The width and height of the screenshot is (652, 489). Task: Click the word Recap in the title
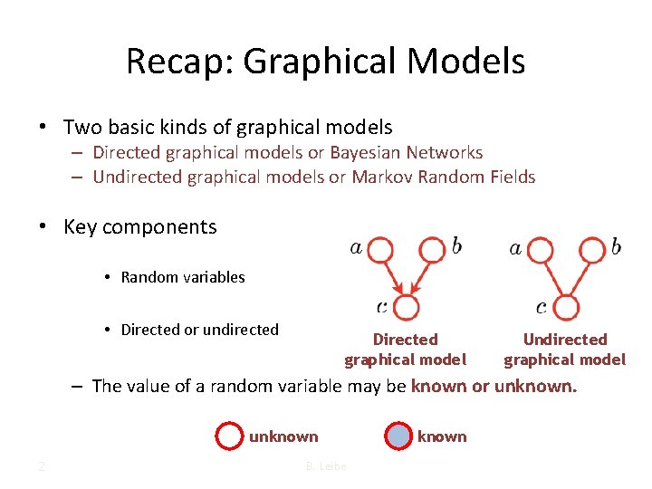[x=179, y=62]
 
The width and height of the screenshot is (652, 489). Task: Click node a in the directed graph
[x=380, y=250]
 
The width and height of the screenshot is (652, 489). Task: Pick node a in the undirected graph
[x=541, y=250]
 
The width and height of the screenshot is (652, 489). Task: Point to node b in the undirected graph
[x=593, y=249]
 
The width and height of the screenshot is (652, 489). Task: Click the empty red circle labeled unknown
[x=229, y=436]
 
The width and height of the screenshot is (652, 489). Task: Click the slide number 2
[x=42, y=466]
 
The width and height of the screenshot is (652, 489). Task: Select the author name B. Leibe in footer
[x=325, y=466]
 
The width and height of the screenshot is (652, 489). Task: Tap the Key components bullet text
[x=140, y=227]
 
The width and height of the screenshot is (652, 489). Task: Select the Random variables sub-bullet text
[x=183, y=277]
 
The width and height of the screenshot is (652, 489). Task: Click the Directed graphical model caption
[x=405, y=350]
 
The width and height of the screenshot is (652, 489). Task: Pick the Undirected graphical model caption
[x=564, y=350]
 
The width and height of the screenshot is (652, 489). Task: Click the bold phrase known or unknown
[x=493, y=387]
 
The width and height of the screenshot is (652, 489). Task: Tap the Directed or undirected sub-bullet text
[x=199, y=330]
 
